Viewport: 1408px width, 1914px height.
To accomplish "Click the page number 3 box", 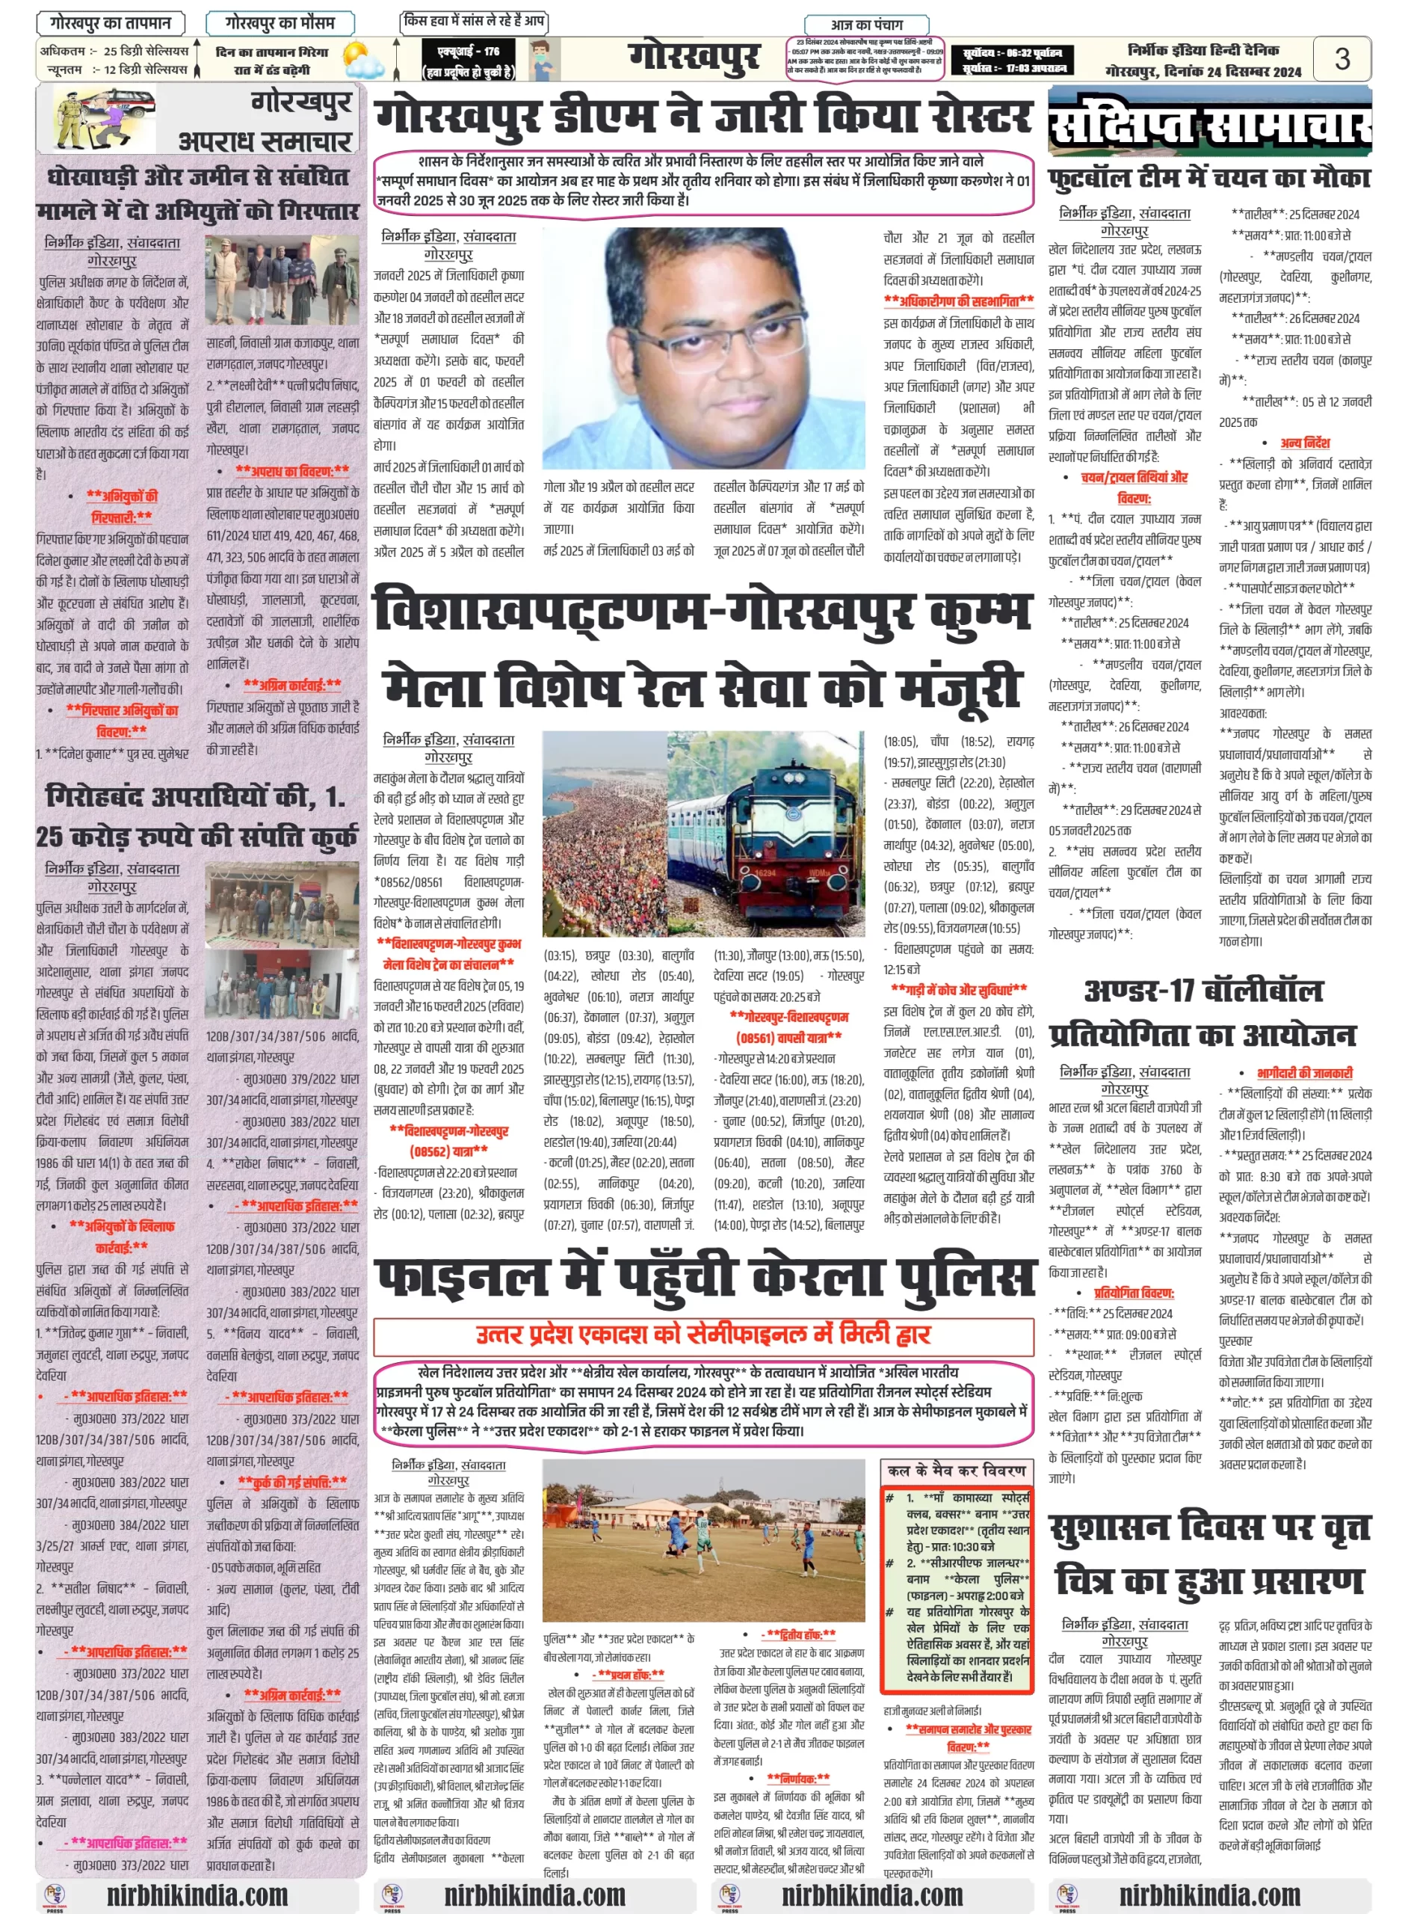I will coord(1341,59).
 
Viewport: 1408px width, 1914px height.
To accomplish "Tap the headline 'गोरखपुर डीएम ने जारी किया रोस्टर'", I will coord(704,117).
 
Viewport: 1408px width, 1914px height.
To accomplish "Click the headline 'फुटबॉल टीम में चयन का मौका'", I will coord(1209,178).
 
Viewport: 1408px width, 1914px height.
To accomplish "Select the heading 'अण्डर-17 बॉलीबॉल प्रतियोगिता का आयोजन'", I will coord(1202,1013).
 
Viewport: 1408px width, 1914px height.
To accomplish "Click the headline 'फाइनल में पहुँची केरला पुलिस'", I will coord(704,1277).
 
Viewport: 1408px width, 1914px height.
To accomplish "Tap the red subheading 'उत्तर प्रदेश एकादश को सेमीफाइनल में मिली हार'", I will coord(704,1335).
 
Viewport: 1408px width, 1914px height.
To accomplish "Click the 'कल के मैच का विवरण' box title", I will coord(957,1471).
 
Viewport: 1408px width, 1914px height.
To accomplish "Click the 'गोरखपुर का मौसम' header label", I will coord(280,23).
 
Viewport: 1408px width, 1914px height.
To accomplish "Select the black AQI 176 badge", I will coord(468,61).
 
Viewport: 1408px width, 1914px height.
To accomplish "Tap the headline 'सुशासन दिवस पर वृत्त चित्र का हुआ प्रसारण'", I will coord(1209,1554).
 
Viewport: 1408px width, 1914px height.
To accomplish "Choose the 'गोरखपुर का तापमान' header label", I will coord(111,23).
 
